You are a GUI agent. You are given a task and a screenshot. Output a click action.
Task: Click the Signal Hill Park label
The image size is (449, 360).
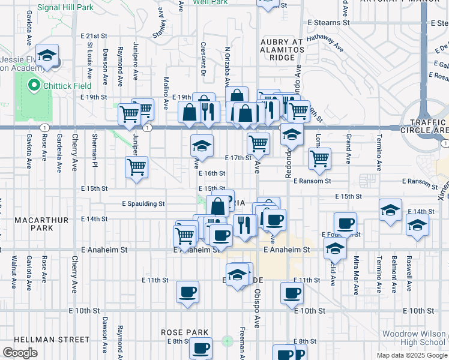65,8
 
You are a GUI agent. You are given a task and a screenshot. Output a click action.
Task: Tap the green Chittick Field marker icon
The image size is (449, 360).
33,86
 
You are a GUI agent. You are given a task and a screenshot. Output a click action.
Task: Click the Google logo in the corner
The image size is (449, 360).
19,352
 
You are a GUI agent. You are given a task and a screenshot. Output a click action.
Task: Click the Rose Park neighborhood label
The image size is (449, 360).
184,332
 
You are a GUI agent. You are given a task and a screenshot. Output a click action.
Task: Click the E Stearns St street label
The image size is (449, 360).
329,22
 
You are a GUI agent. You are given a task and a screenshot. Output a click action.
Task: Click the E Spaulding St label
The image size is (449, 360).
143,204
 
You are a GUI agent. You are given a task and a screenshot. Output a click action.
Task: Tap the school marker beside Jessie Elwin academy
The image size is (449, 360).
46,56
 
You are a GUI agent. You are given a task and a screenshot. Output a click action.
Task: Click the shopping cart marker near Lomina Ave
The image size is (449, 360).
319,159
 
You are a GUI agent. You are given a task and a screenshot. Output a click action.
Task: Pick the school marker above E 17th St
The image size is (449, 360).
202,146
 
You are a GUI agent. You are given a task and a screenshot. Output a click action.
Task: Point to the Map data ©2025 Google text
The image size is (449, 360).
411,355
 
